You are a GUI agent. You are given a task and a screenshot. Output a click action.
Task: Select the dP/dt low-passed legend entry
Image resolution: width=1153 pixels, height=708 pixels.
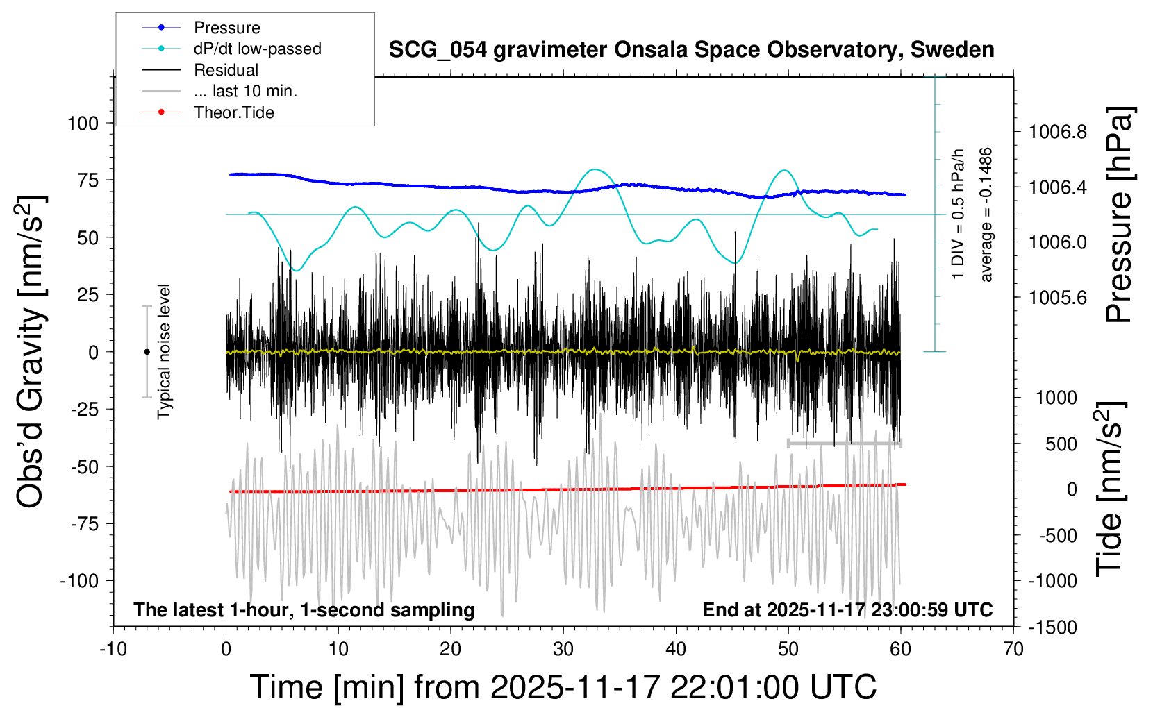click(x=257, y=49)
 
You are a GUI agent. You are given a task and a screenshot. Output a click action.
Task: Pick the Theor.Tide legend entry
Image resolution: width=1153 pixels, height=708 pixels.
click(x=233, y=112)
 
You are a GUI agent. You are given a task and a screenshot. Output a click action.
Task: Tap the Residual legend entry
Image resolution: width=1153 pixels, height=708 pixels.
click(x=226, y=70)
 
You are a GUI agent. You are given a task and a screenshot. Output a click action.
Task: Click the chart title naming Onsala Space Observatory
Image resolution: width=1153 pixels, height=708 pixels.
click(x=691, y=50)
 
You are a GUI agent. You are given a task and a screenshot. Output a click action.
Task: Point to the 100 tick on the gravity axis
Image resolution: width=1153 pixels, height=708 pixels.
click(x=83, y=124)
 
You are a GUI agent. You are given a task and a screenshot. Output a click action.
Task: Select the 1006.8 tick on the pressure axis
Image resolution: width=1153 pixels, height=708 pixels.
click(x=1057, y=132)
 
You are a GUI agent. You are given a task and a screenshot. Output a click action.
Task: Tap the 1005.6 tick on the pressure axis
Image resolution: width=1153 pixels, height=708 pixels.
click(x=1057, y=298)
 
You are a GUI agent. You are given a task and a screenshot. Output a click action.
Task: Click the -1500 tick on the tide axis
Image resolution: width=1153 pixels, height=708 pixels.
click(x=1052, y=627)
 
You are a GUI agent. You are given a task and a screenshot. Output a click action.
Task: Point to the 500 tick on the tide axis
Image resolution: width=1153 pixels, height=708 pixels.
click(x=1061, y=444)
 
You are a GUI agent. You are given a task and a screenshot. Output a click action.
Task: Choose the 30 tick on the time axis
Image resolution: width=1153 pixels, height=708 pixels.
click(x=563, y=650)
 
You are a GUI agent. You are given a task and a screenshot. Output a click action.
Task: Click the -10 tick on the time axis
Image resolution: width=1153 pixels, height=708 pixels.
click(x=113, y=650)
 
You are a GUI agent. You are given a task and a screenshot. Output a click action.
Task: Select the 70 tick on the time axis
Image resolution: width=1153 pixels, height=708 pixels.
click(x=1013, y=650)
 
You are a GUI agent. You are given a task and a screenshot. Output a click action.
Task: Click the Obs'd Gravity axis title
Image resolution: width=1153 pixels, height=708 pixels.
click(x=31, y=352)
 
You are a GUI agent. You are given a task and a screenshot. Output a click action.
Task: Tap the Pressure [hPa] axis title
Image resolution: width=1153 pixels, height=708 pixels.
click(x=1118, y=215)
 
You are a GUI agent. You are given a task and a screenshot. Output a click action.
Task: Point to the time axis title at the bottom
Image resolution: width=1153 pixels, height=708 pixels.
click(x=563, y=687)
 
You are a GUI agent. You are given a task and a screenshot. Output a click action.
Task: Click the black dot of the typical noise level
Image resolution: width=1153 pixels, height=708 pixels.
click(x=147, y=352)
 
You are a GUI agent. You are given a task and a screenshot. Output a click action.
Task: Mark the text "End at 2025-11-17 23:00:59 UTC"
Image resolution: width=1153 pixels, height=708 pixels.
click(x=847, y=610)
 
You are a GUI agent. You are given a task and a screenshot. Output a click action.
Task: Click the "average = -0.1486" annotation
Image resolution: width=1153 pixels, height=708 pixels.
click(x=986, y=215)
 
